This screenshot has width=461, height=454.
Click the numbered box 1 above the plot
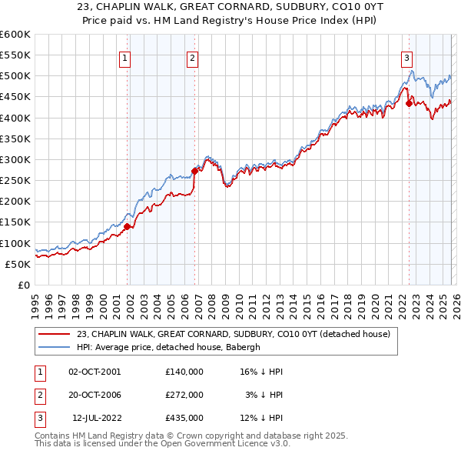[124, 56]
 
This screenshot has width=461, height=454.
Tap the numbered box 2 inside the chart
[192, 56]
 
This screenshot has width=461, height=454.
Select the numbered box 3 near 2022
[406, 56]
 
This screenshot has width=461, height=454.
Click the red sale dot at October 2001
[127, 226]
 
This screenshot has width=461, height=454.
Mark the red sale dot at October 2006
[195, 172]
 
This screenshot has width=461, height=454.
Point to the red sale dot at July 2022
[409, 103]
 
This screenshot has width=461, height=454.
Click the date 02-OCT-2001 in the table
[95, 372]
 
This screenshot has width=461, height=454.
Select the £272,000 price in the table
[184, 395]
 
